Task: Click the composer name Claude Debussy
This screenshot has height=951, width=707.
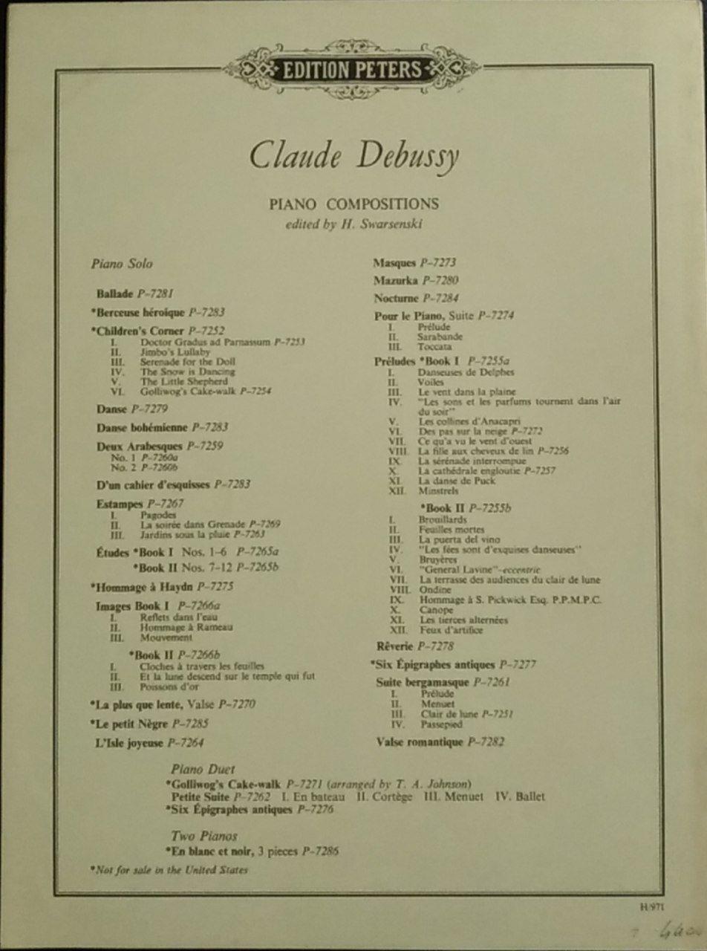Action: pos(353,155)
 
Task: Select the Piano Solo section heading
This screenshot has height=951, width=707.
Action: pos(122,263)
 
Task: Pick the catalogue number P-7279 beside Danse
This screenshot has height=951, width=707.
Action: pos(149,409)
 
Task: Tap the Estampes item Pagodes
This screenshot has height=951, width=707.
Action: pos(157,514)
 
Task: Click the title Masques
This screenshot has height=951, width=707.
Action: pos(396,262)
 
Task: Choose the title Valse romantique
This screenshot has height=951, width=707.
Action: pos(420,741)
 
